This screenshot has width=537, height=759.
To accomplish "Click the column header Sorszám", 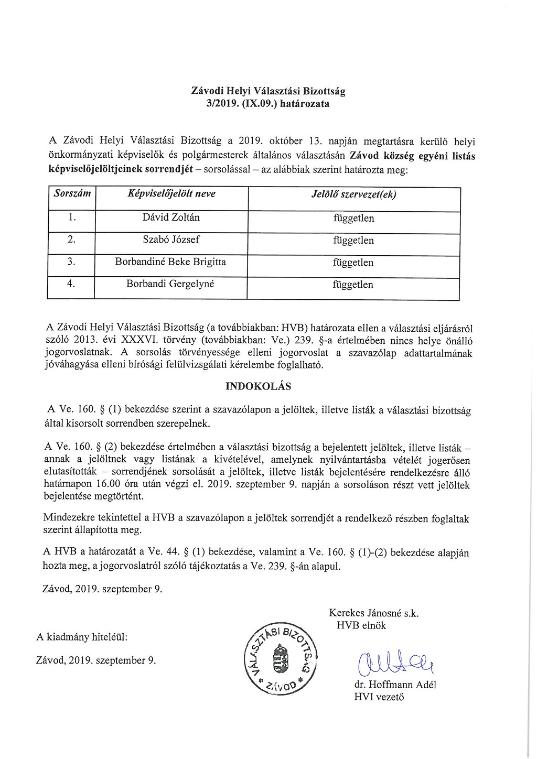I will point(72,193).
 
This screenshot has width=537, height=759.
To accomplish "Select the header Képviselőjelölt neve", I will point(171,193).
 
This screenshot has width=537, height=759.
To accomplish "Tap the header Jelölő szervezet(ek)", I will point(354,194).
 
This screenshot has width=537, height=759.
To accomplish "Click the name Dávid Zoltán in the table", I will point(171,218).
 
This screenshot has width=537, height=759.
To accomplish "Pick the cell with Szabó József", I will point(171,240).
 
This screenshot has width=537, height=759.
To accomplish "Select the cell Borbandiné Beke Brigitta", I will point(170,262).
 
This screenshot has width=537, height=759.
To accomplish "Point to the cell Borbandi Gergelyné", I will point(170,284).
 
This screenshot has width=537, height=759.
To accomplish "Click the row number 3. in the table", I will point(72,262).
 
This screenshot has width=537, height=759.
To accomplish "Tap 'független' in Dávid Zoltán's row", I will point(353,218).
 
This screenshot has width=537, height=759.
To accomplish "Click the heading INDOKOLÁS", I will point(258,386).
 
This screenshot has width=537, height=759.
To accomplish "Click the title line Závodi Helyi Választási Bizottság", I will point(268,91).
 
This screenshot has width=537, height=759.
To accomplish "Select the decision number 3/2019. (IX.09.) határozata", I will point(268,103).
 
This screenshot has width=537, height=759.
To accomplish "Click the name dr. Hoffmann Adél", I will point(395,685).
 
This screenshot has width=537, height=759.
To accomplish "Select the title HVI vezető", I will point(379,697).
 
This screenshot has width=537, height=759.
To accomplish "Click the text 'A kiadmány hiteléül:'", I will point(82,637).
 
